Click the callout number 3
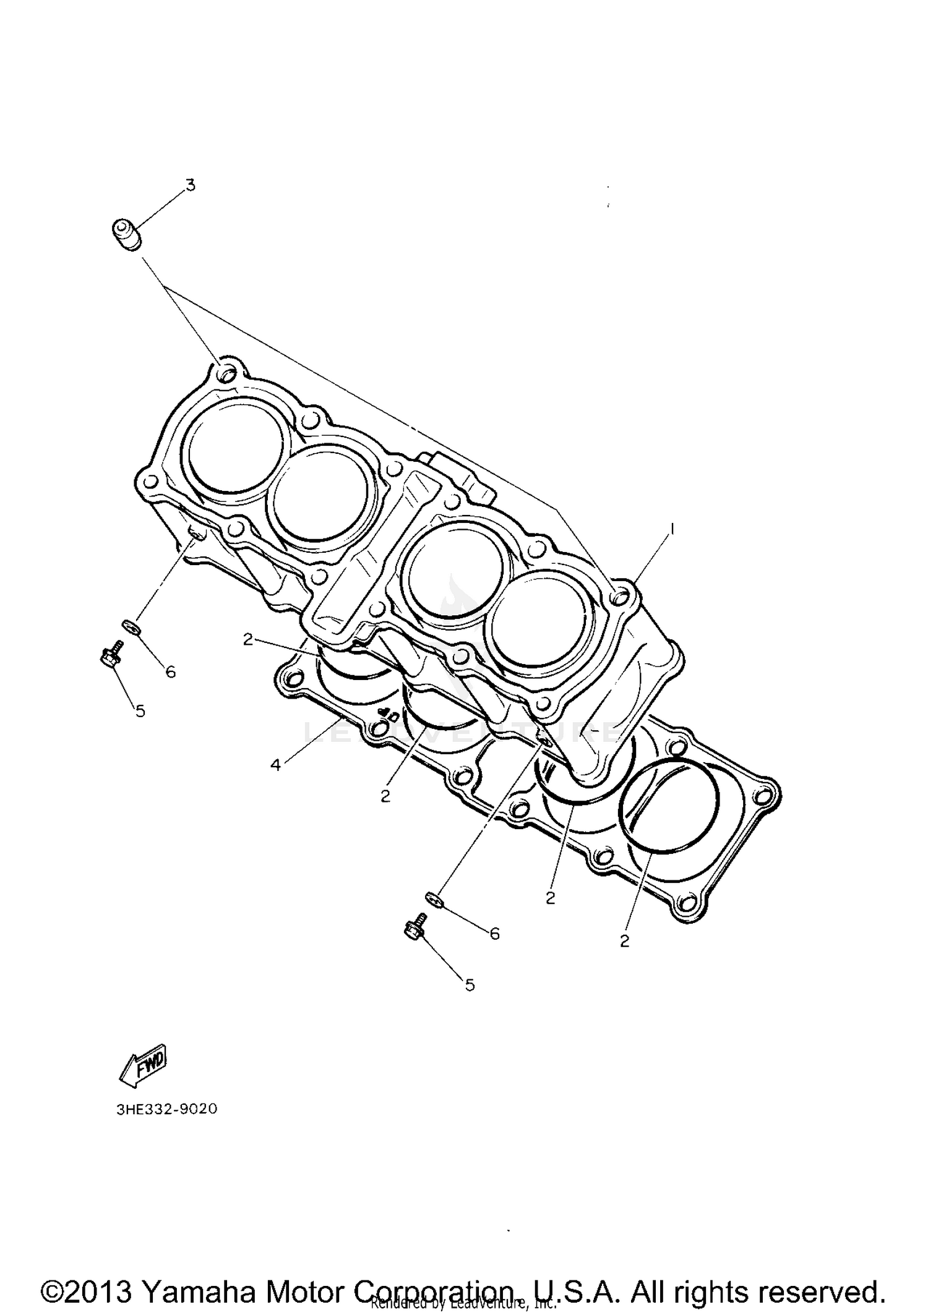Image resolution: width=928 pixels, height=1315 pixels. click(x=191, y=185)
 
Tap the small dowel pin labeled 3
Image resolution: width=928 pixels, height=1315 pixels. click(x=126, y=236)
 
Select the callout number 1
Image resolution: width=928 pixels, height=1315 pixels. click(x=672, y=529)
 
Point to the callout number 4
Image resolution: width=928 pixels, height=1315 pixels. click(x=276, y=765)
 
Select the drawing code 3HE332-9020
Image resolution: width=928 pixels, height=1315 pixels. click(x=167, y=1109)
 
